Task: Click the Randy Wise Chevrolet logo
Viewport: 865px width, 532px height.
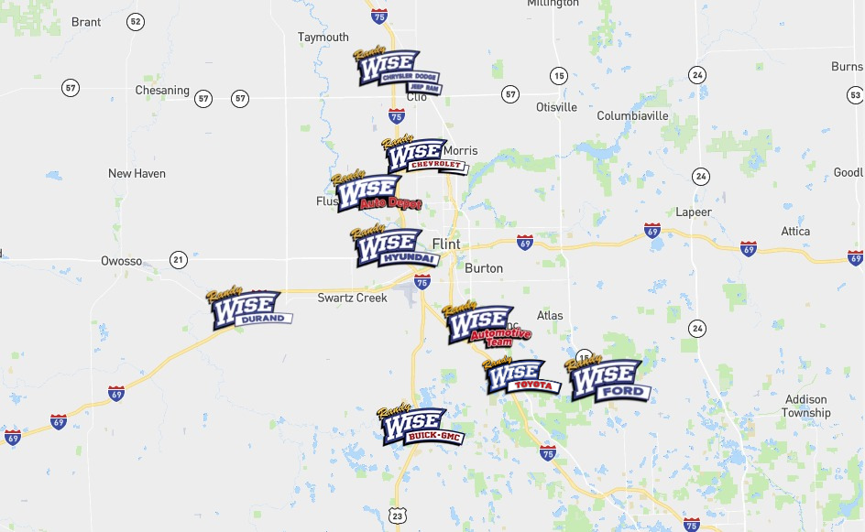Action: (423, 157)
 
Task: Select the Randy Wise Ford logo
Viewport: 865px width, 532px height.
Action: (608, 379)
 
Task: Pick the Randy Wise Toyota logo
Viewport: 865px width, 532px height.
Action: (520, 376)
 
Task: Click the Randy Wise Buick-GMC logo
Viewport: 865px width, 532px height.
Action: (420, 427)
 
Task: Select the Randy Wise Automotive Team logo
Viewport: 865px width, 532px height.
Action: (484, 326)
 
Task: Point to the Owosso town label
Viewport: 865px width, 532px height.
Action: (121, 261)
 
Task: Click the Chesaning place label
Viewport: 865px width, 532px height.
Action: (162, 91)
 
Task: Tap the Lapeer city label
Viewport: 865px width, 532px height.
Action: (694, 212)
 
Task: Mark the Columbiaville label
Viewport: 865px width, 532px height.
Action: (632, 116)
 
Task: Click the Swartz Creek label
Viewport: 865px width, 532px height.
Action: (353, 298)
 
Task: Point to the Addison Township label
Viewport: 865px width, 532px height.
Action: (805, 406)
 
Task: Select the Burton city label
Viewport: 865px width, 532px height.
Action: (484, 268)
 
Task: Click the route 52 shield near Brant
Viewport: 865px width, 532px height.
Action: (136, 21)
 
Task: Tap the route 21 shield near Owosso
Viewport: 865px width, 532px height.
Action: (178, 261)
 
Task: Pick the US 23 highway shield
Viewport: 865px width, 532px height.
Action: (397, 516)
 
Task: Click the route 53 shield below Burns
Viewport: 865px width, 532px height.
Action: (855, 94)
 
